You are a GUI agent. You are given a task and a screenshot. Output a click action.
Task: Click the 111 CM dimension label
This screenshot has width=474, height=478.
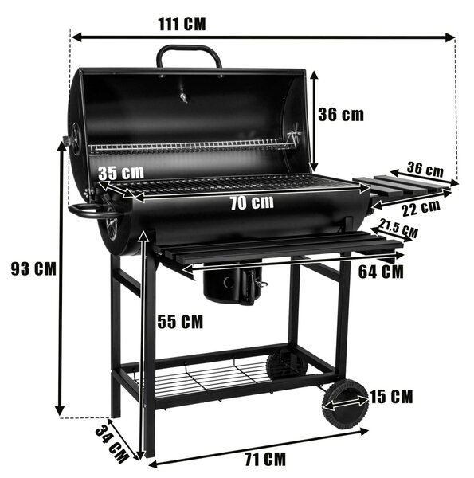(x=182, y=24)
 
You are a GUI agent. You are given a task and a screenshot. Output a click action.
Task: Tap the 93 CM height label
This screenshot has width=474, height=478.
(x=33, y=268)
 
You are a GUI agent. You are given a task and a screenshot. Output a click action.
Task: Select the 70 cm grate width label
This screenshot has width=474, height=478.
(x=252, y=202)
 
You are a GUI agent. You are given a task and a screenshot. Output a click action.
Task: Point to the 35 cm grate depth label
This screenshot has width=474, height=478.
(x=121, y=173)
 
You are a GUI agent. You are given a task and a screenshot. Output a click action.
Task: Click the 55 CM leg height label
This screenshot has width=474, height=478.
(x=180, y=322)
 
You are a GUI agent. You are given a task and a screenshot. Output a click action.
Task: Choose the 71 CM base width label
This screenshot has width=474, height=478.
(x=265, y=459)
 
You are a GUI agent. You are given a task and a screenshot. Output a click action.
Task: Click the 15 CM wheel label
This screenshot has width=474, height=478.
(x=391, y=396)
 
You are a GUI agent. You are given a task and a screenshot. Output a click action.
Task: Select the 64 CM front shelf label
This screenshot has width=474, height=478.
(x=381, y=272)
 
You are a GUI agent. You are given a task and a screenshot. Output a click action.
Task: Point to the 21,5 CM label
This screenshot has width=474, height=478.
(x=398, y=229)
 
